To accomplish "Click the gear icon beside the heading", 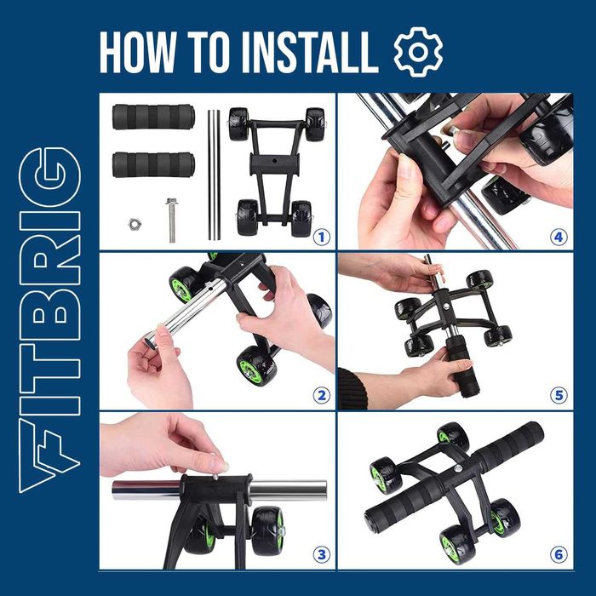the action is point(418,52).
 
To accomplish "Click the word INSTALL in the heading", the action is point(310,53).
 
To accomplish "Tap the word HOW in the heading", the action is point(138,53).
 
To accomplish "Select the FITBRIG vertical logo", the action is point(49,320).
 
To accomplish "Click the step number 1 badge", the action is point(322,238).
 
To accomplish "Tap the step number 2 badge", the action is point(322,396).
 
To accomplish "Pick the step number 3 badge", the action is point(322,554).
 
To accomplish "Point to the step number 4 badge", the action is point(559,238).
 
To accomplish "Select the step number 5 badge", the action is point(559,396).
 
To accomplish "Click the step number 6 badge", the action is point(559,554).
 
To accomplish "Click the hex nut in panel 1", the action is point(135,224).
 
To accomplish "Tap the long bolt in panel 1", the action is point(172,220).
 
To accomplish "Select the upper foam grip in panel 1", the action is point(153,117).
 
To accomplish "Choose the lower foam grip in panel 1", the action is point(153,165).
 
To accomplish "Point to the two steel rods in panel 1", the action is point(214,175).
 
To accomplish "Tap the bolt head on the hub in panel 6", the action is point(459,468).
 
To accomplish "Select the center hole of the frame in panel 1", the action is point(275,163).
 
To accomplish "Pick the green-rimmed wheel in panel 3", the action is point(267,530).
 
